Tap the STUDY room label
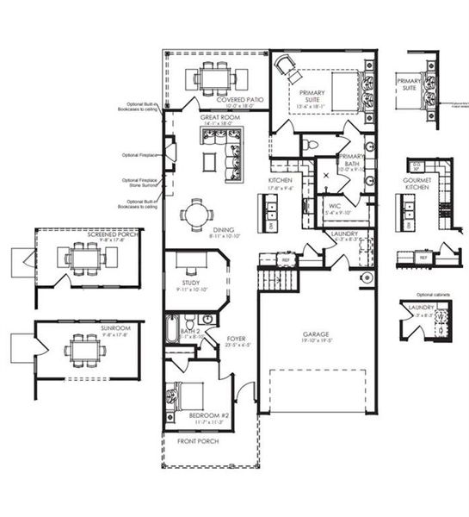(x=191, y=282)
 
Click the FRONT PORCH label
(x=198, y=440)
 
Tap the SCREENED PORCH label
(x=83, y=234)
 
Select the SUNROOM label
(x=83, y=328)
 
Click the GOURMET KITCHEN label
(x=417, y=184)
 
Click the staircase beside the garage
(x=277, y=281)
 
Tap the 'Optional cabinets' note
(x=423, y=295)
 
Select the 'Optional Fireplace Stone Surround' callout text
(x=139, y=183)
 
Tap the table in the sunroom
(x=84, y=352)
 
